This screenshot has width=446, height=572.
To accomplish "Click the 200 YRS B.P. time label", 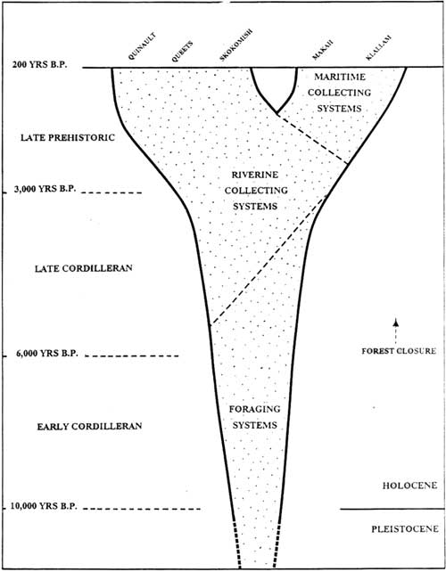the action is (x=40, y=65).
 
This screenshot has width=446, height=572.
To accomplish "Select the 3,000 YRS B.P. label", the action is (x=45, y=189).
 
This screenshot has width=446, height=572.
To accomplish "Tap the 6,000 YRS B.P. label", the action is (x=46, y=354).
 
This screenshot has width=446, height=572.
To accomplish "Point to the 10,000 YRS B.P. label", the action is (x=44, y=506).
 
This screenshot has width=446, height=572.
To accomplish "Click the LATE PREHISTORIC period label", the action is (x=68, y=137).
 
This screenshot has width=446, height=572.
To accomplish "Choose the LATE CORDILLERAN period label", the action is (x=83, y=268).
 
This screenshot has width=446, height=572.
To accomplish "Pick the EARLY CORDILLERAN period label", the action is (x=89, y=426).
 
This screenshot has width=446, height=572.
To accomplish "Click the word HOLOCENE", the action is (x=409, y=486).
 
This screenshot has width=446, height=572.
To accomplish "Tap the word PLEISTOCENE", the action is (x=405, y=529).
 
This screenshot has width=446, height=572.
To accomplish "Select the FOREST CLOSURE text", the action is (x=399, y=351).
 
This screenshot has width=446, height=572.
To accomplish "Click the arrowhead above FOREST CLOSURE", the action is (x=395, y=322).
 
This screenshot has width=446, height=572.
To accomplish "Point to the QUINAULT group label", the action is (x=142, y=46).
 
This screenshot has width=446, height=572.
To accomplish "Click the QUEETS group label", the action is (x=182, y=52).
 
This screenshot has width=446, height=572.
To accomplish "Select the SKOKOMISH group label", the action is (x=236, y=45).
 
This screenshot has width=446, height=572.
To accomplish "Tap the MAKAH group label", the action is (x=323, y=50).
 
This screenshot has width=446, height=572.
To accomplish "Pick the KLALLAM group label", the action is (x=379, y=47).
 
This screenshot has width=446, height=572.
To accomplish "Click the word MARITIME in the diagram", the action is (x=340, y=77).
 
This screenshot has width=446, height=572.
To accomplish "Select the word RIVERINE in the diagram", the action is (x=255, y=175).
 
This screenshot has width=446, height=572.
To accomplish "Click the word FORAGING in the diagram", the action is (x=254, y=409).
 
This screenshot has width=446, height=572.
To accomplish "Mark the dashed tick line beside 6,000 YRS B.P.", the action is (x=132, y=356).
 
